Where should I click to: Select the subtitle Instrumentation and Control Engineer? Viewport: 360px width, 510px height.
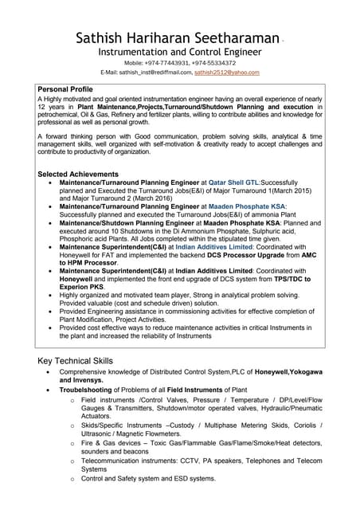(x=180, y=53)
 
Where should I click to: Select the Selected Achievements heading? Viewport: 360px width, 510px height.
(x=79, y=174)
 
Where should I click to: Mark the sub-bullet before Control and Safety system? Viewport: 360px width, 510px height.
(x=73, y=479)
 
